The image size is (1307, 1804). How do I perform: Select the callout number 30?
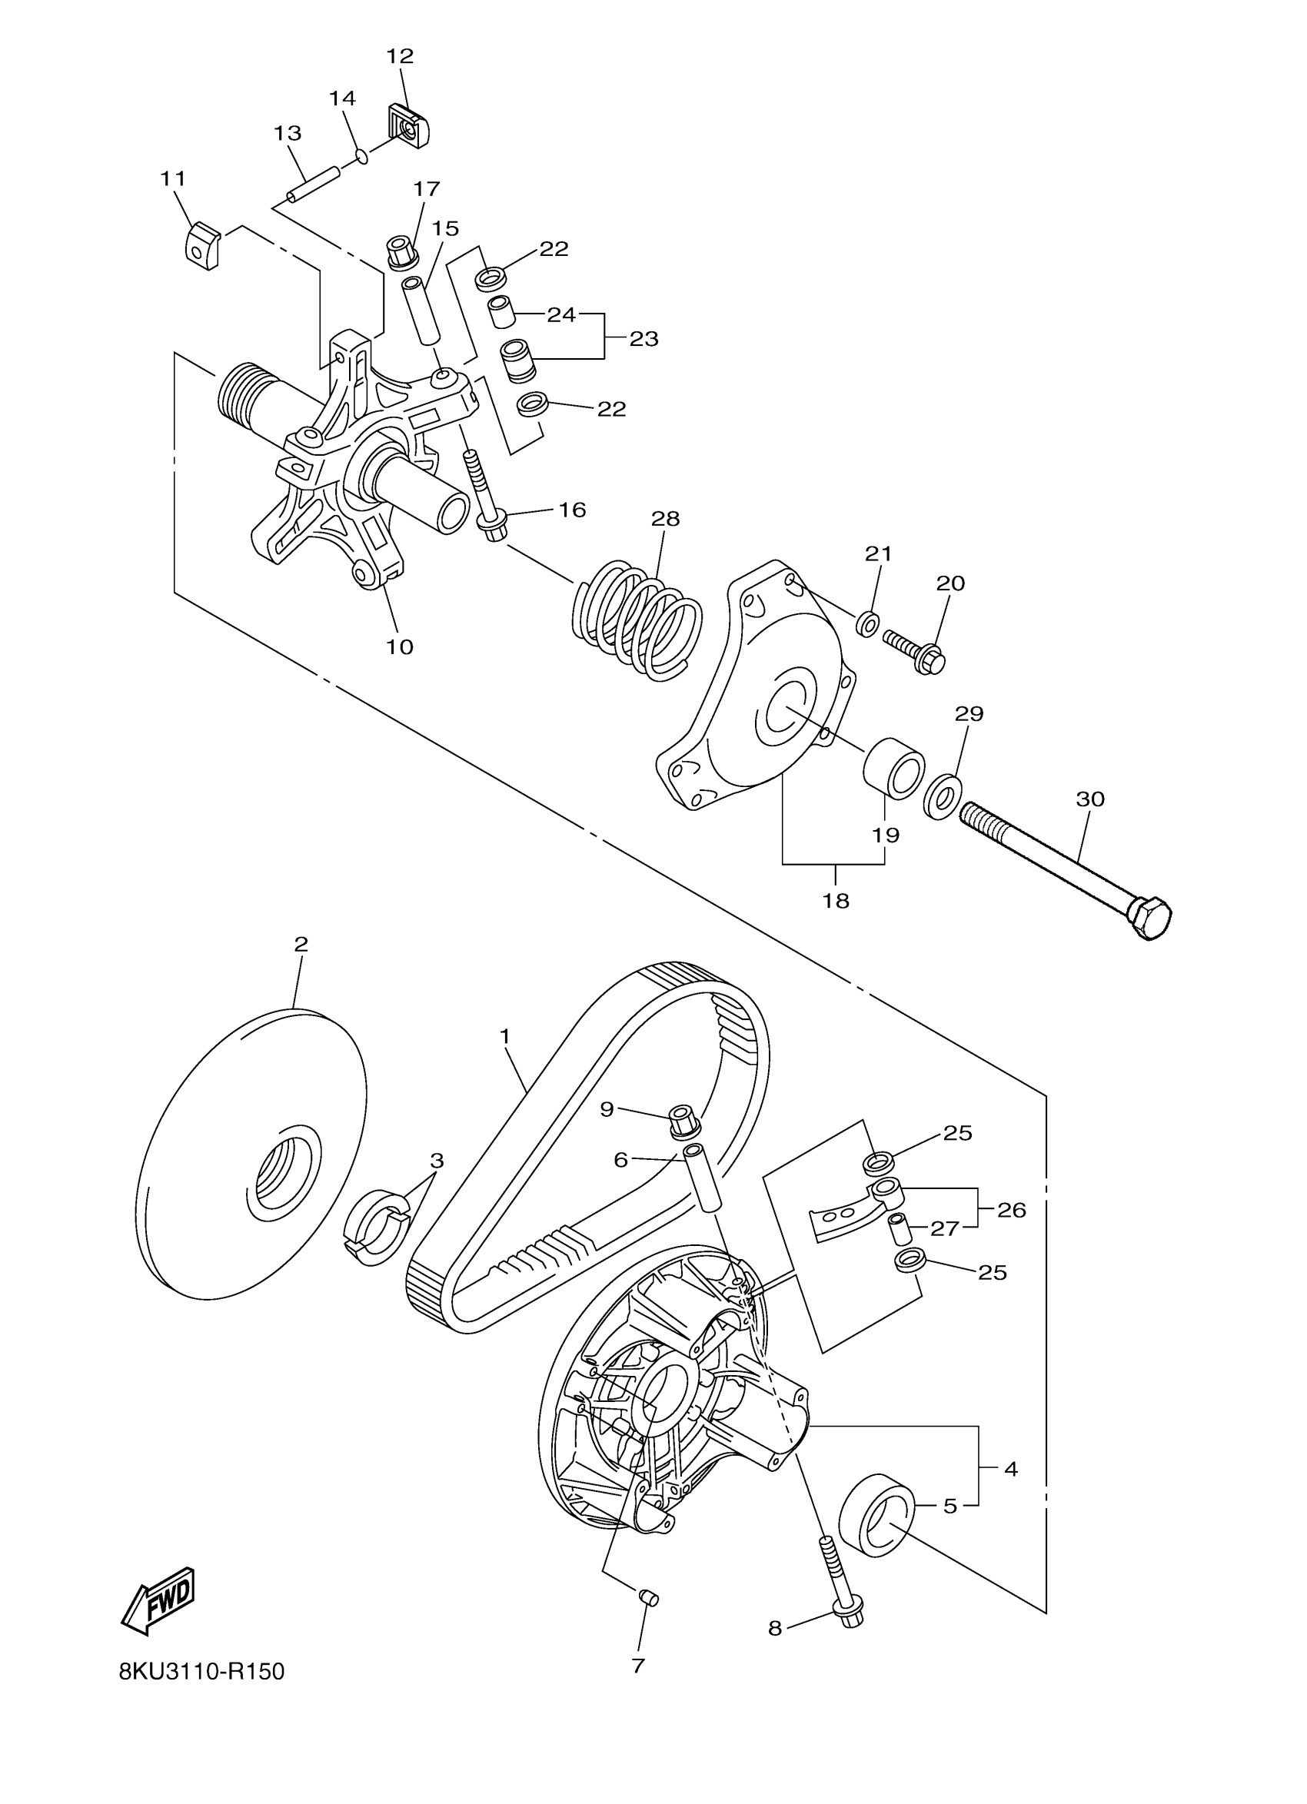pos(1090,799)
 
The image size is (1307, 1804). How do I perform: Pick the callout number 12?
pos(400,55)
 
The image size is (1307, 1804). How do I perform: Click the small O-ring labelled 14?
pos(361,155)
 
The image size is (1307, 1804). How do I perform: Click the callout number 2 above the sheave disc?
pos(301,944)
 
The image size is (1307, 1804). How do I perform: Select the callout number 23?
pos(644,339)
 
